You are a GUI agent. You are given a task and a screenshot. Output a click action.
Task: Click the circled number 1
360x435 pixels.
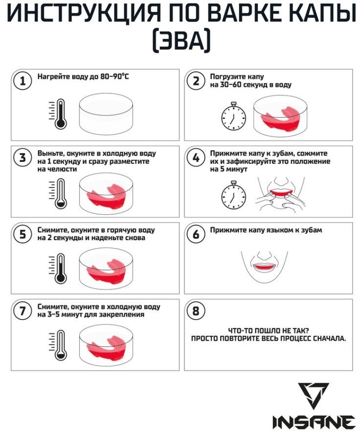[x=22, y=81]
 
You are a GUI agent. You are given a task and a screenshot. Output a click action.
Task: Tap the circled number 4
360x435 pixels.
[x=196, y=158]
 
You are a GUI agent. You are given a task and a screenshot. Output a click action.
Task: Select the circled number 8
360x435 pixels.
[x=196, y=311]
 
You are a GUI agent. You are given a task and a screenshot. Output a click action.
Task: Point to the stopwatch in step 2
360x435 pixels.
[x=233, y=116]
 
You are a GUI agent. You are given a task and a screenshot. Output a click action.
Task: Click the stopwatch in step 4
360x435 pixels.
[x=233, y=195]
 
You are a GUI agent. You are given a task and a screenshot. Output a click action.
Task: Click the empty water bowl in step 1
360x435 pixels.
[x=106, y=114]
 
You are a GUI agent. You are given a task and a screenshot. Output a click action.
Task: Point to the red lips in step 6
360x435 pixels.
[x=264, y=267]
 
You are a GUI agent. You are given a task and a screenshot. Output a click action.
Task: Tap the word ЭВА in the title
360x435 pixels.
[x=181, y=40]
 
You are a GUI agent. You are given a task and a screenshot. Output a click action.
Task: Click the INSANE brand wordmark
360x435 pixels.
[x=314, y=422]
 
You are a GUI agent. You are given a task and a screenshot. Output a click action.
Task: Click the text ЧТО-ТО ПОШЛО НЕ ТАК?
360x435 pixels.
[x=268, y=330]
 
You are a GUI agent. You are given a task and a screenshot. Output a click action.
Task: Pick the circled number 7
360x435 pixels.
[x=22, y=311]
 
